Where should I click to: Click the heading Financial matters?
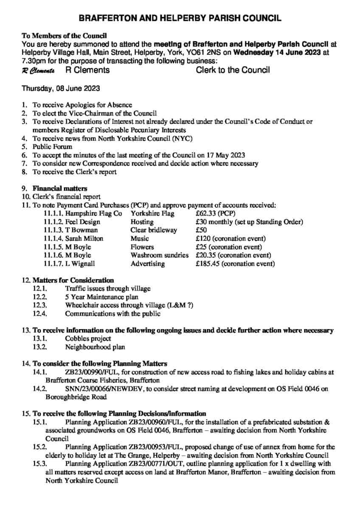click(x=60, y=188)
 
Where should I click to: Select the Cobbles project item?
click(x=88, y=338)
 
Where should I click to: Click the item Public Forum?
click(x=53, y=146)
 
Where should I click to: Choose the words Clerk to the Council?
click(x=233, y=70)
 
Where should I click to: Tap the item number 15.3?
click(x=39, y=464)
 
